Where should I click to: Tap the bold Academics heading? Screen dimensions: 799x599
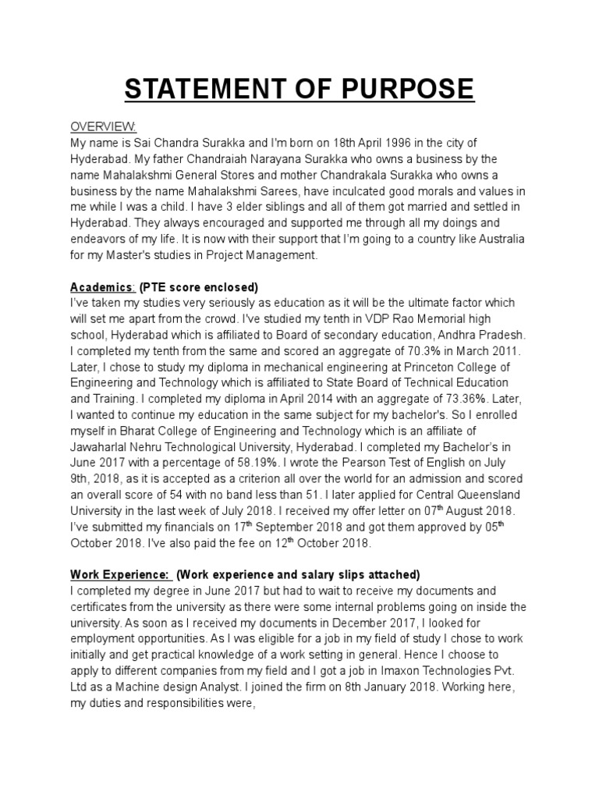point(101,286)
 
